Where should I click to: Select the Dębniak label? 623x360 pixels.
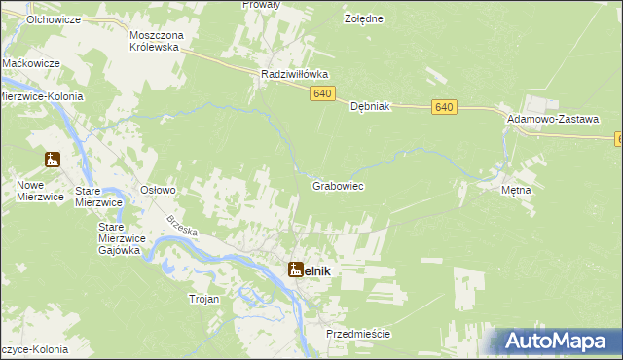coord(370,107)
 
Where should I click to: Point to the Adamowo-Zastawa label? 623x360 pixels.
coord(552,117)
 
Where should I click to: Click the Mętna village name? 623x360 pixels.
coord(516,190)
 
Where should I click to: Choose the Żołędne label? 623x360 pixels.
coord(365,18)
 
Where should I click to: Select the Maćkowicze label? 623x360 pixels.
coord(31,62)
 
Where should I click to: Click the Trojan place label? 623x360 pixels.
coord(204,300)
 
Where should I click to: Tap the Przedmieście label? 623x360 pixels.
coord(358,334)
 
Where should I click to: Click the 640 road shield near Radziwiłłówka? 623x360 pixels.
coord(325,93)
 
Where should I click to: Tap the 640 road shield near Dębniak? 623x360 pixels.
coord(446,107)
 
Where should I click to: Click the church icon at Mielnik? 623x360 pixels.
coord(295,268)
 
